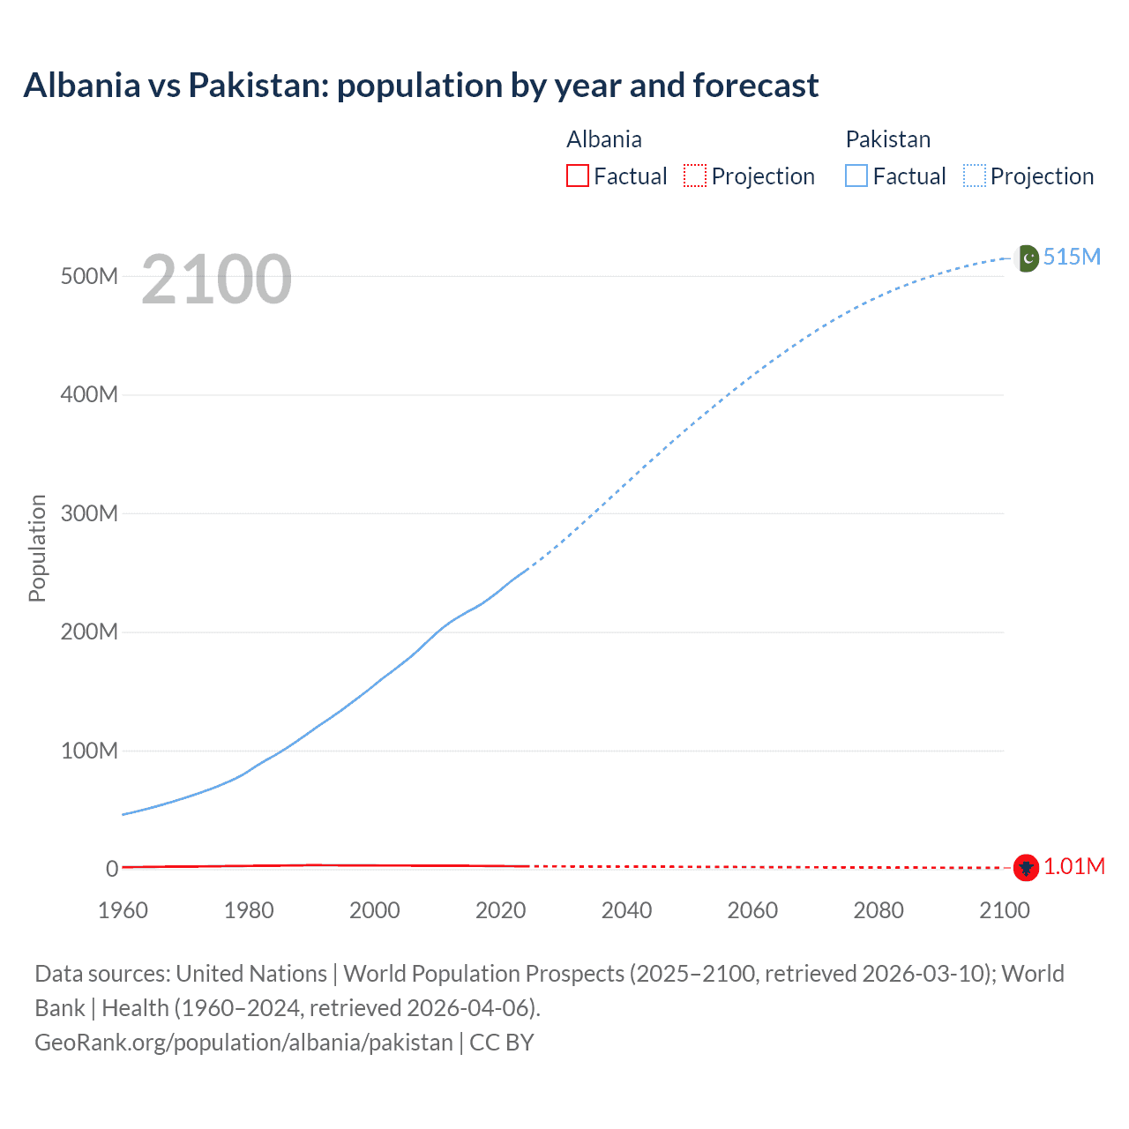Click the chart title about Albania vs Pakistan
(x=421, y=86)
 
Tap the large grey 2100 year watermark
(x=216, y=280)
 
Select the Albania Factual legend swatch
(x=577, y=176)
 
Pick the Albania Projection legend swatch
(x=695, y=176)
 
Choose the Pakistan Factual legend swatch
(x=856, y=176)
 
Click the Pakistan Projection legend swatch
(x=974, y=176)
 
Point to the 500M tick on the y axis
(x=89, y=276)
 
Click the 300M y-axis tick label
(x=89, y=513)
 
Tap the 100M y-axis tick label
(x=89, y=751)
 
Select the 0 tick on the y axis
(x=112, y=869)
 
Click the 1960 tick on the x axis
(x=123, y=910)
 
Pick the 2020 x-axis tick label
(x=500, y=910)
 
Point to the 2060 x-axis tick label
(x=752, y=910)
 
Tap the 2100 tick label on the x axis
(x=1004, y=910)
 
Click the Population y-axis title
(x=37, y=548)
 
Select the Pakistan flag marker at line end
(x=1028, y=258)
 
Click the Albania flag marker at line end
(x=1025, y=868)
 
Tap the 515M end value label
(x=1072, y=257)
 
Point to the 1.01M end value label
(x=1074, y=867)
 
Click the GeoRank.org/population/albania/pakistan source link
(x=243, y=1043)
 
